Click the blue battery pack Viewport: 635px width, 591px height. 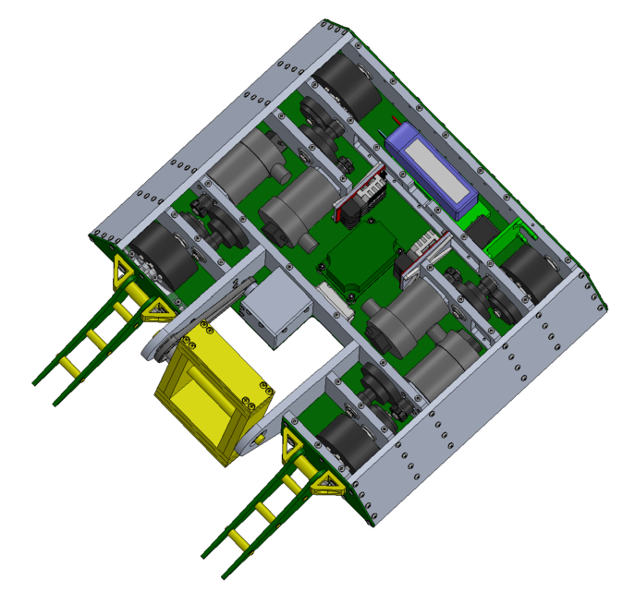pyautogui.click(x=431, y=170)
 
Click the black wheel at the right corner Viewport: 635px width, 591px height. pyautogui.click(x=531, y=273)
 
